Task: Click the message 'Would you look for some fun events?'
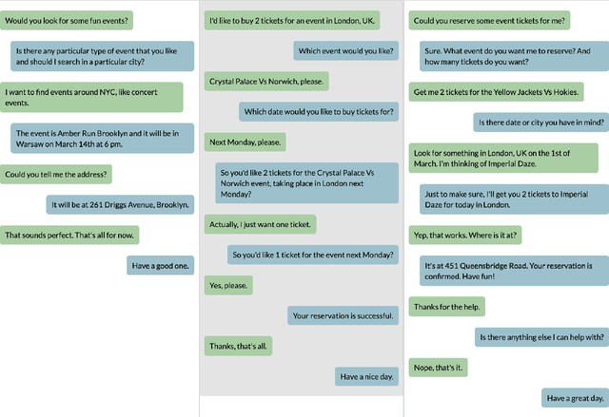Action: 68,19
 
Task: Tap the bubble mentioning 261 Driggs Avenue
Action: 120,204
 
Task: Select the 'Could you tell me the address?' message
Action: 57,174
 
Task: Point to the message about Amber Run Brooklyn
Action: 102,138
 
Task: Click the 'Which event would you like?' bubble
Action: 345,50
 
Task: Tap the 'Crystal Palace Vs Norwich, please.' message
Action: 266,82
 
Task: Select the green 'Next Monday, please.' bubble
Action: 246,142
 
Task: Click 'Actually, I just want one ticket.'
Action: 261,224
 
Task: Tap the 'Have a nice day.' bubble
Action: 366,377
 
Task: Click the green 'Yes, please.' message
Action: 228,285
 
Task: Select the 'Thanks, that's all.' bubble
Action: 238,346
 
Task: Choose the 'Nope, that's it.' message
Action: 438,367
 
